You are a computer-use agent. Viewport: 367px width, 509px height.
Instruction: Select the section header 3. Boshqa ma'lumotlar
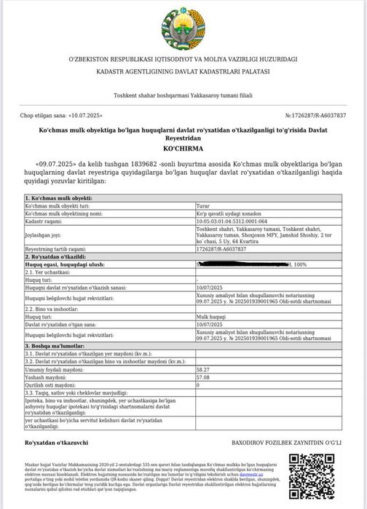pyautogui.click(x=58, y=345)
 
